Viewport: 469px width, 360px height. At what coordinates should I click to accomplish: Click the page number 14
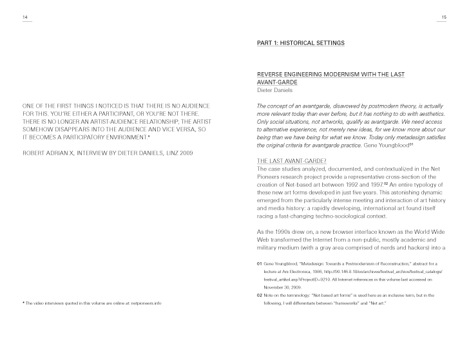25,17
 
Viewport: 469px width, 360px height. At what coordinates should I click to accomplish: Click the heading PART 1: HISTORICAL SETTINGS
300,43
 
